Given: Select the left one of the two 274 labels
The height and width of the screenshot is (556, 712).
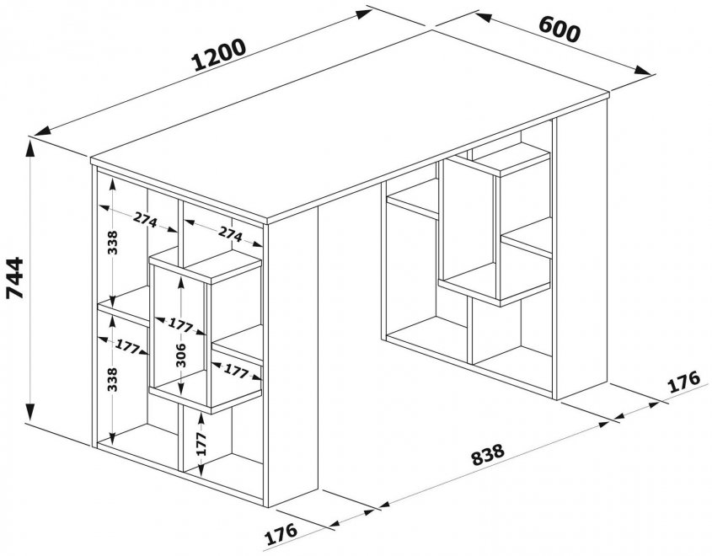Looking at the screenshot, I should point(145,221).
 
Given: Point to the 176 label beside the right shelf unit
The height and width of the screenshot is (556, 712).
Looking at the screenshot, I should point(683,382).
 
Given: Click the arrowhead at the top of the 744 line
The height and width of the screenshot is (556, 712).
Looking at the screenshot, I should point(32,145).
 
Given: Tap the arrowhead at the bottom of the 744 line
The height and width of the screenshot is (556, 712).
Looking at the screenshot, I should point(32,419).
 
